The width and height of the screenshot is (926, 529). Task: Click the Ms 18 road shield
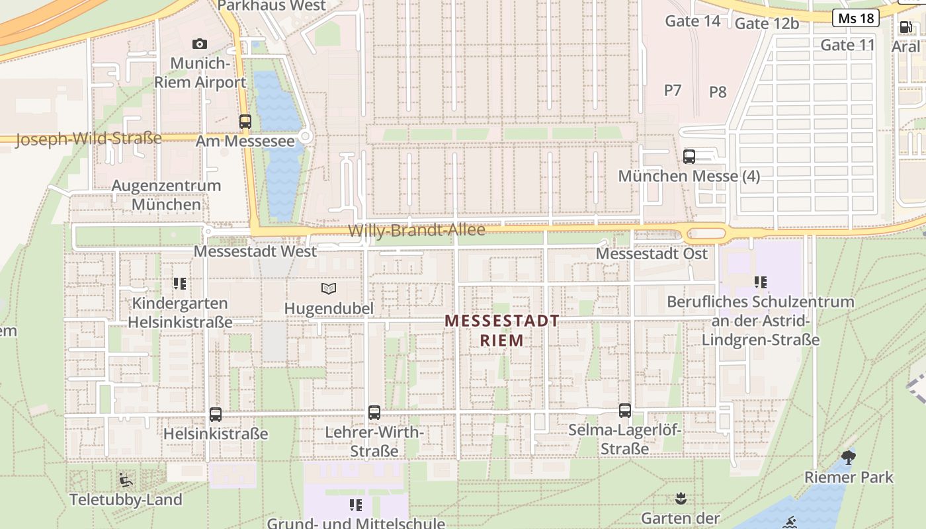click(x=856, y=18)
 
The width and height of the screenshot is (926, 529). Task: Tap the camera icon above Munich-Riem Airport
click(x=199, y=44)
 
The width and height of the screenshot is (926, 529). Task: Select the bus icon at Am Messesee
click(x=245, y=121)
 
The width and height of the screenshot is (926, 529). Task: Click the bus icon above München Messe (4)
click(x=689, y=157)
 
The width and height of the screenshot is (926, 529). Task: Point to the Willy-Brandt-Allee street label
click(x=417, y=230)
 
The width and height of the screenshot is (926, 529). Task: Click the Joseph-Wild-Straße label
click(x=88, y=139)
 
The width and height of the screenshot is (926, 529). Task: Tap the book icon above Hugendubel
click(x=329, y=288)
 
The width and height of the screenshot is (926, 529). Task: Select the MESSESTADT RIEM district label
click(x=502, y=331)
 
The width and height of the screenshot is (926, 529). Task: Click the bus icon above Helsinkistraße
click(x=216, y=415)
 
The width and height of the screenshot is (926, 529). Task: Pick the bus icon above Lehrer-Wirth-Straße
click(x=374, y=413)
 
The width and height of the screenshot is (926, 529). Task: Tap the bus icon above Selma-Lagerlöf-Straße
click(x=625, y=411)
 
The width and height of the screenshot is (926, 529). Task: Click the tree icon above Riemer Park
click(x=849, y=457)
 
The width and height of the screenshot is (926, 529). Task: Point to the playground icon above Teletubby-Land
click(x=126, y=479)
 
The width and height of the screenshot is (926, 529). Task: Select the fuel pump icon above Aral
click(x=905, y=27)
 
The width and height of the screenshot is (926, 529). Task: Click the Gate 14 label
click(x=693, y=21)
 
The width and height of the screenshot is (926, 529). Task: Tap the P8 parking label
click(x=718, y=92)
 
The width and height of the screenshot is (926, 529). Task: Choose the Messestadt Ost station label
click(x=652, y=254)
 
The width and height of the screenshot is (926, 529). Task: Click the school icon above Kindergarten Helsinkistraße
click(x=179, y=284)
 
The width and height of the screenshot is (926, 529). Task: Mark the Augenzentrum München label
click(x=166, y=195)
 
